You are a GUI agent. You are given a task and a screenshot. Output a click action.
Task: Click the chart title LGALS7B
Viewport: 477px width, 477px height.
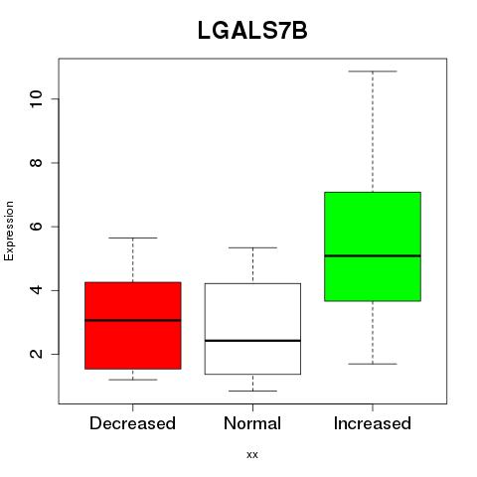coord(252,31)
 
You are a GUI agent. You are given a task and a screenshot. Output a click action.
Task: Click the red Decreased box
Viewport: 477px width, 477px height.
coord(133,326)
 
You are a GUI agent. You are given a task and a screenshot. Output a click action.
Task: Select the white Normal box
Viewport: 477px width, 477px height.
coord(252,329)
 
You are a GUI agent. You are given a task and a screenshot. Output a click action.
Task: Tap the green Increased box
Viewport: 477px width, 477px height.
coord(373,246)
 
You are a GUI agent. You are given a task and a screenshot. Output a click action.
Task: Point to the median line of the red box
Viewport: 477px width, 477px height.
coord(133,320)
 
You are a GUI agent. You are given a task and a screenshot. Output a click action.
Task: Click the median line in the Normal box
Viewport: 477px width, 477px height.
coord(252,341)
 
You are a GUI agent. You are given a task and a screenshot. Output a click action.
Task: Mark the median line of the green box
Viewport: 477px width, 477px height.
coord(373,255)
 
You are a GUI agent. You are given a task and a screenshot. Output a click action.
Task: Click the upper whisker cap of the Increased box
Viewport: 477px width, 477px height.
coord(373,72)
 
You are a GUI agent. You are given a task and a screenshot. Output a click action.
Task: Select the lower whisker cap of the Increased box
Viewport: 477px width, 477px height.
coord(373,364)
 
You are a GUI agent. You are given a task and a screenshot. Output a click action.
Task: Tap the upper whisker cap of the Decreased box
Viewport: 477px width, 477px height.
coord(133,238)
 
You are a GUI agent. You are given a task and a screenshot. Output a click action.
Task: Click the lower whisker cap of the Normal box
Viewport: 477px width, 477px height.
coord(252,391)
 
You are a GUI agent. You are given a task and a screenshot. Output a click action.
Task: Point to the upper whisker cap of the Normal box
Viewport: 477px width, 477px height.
coord(252,247)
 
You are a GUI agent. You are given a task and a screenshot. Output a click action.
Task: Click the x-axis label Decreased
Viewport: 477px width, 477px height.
coord(132,423)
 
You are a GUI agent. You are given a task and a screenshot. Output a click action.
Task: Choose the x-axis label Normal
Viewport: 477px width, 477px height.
coord(252,423)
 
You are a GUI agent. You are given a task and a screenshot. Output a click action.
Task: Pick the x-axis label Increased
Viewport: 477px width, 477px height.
coord(373,423)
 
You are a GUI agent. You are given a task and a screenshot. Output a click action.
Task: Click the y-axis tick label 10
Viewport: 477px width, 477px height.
coord(37,98)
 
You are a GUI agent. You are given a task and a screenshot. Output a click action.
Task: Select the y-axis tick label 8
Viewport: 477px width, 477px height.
coord(37,163)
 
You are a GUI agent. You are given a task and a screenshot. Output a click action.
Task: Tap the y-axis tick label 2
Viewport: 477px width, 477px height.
coord(37,354)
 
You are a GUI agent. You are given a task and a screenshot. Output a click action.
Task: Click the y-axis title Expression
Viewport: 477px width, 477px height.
coord(9,231)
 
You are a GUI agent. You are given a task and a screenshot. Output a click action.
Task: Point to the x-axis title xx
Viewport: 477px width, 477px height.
coord(252,455)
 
